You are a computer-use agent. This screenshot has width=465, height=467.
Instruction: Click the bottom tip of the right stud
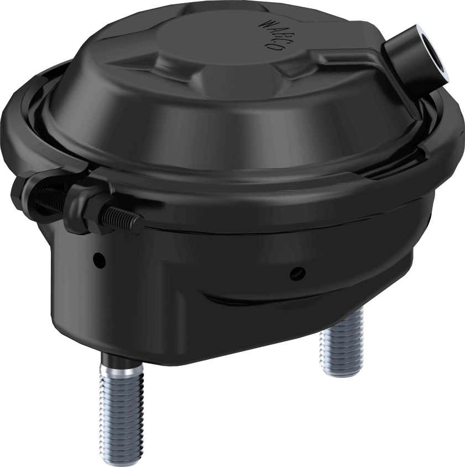pyautogui.click(x=341, y=372)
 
